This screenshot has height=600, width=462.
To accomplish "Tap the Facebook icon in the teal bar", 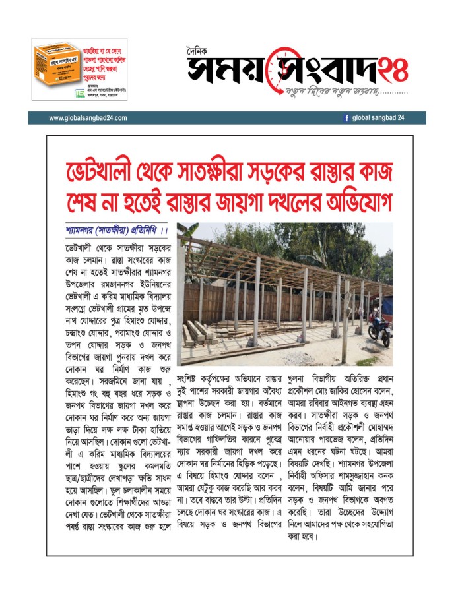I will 346,118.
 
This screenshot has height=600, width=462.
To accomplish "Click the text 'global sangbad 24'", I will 378,118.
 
